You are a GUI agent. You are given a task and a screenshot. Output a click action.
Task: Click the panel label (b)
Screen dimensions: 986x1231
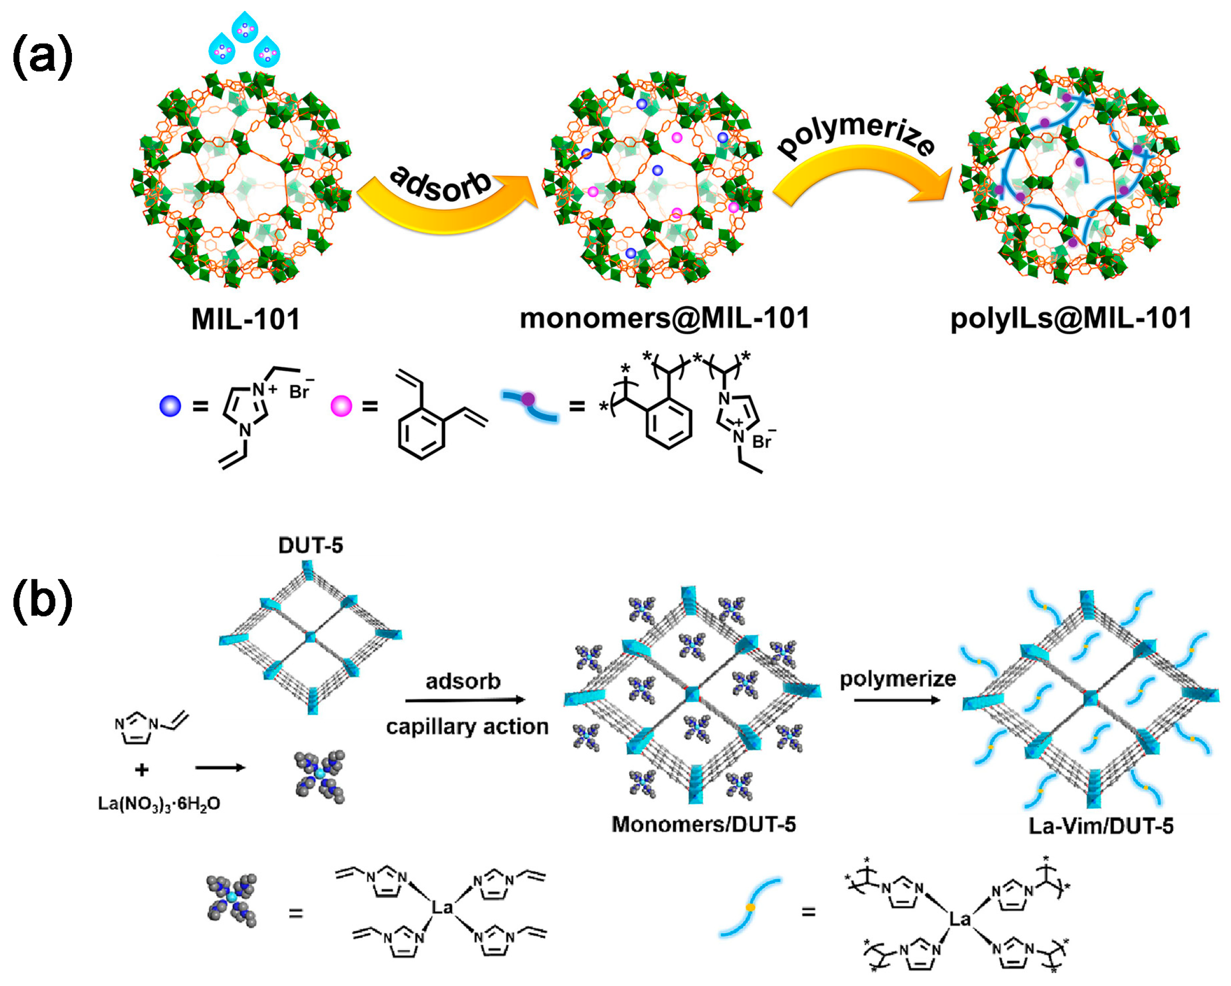point(43,600)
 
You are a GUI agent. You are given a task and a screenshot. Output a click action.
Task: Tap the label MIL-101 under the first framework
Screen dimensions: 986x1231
point(245,319)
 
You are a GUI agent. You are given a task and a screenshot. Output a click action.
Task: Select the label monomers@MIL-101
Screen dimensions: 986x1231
point(664,318)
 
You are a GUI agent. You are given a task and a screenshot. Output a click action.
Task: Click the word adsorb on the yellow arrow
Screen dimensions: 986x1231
point(441,184)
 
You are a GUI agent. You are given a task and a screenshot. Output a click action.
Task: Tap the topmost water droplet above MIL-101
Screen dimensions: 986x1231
point(245,26)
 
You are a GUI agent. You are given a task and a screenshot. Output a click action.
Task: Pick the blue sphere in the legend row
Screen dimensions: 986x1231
point(170,406)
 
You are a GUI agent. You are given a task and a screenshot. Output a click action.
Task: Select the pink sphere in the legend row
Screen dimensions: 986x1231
point(342,406)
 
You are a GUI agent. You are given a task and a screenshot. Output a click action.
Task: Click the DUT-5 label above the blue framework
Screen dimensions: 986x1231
point(310,545)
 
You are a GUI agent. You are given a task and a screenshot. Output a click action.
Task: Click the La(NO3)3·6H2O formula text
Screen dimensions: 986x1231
point(159,803)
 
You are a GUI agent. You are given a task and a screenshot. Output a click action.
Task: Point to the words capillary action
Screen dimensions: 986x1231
point(467,727)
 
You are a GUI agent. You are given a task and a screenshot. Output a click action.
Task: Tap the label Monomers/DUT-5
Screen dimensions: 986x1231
point(703,825)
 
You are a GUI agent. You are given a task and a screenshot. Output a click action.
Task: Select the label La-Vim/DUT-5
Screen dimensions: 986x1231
point(1101,826)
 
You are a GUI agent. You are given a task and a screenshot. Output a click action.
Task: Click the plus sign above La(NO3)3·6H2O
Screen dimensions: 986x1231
point(142,770)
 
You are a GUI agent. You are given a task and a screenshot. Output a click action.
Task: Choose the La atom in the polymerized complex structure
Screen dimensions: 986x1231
point(960,919)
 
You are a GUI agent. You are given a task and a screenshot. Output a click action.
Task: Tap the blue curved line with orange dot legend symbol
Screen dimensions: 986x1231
point(750,907)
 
